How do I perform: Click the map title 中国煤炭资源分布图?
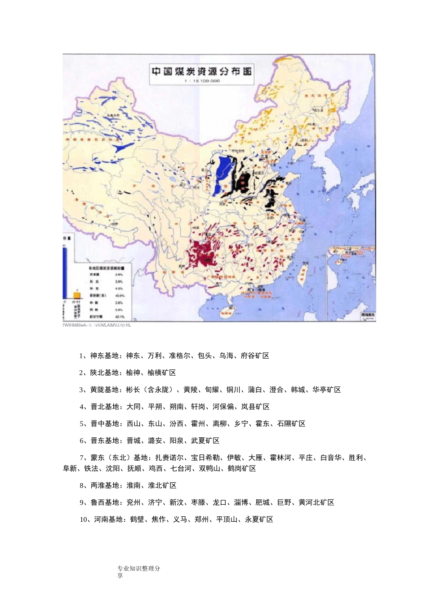201,72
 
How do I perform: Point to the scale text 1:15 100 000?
202,81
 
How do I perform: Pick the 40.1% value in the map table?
120,317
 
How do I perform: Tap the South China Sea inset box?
353,283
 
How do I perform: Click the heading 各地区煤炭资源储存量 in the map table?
107,268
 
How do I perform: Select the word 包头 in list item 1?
205,356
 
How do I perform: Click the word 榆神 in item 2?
133,373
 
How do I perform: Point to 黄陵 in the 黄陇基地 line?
190,390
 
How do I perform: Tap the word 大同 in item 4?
133,407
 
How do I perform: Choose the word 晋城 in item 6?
133,441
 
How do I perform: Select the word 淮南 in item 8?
133,486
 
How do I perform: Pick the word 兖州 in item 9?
133,502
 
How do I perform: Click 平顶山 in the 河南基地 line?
227,520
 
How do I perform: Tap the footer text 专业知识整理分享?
138,572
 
